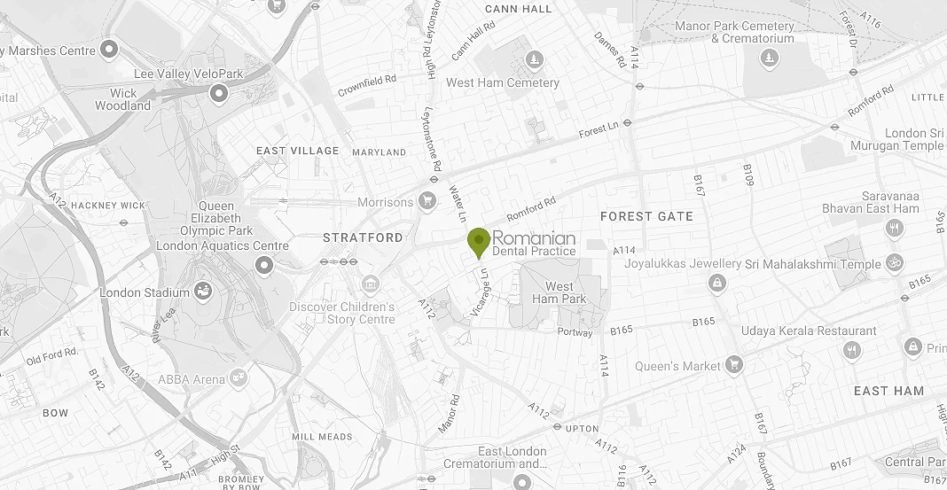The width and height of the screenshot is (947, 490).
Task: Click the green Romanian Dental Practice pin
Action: [x=479, y=240]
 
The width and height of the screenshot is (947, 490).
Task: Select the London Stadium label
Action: [x=145, y=292]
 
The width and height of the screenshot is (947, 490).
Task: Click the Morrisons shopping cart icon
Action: [x=427, y=201]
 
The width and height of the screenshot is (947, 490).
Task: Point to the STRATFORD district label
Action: [x=363, y=237]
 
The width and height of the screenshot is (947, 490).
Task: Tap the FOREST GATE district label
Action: [x=646, y=216]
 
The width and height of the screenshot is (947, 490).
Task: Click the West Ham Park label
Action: [x=559, y=292]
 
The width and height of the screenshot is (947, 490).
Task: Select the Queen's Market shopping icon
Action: [x=733, y=364]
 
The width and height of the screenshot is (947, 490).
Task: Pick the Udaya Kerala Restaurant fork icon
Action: [x=853, y=350]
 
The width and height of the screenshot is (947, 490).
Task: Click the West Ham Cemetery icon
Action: [x=535, y=60]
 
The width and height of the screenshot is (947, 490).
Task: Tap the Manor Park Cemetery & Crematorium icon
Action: [x=769, y=58]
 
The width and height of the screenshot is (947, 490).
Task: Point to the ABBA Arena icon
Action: [x=237, y=379]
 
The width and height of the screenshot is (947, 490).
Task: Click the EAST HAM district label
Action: [x=888, y=391]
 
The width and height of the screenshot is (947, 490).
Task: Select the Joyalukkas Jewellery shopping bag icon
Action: [x=715, y=283]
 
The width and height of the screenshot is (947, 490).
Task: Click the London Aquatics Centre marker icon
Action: [x=263, y=265]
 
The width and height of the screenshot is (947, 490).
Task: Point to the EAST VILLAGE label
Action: [x=298, y=151]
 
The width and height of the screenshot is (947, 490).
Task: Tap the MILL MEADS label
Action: [x=322, y=437]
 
